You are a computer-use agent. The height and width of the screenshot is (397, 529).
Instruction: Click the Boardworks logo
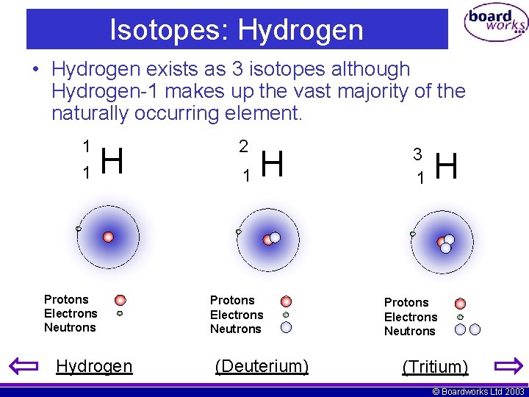pos(496,24)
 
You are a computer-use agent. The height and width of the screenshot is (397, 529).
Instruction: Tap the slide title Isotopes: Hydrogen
pos(237,30)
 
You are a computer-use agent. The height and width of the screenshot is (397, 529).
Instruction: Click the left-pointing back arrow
pos(22,365)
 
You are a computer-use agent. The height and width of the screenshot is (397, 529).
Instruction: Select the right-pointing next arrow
pos(508,365)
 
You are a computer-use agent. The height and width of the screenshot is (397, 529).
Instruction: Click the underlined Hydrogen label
pos(94,366)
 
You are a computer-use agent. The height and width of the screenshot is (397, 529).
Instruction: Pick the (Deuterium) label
pos(262,366)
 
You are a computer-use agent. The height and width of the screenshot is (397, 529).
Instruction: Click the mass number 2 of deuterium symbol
pos(243,146)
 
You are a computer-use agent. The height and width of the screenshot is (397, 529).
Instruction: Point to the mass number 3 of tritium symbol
pos(417,154)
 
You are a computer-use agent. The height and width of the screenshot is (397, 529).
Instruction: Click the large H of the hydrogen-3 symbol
pos(447,166)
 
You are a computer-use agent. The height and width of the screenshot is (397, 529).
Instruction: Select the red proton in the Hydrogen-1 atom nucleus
pos(108,237)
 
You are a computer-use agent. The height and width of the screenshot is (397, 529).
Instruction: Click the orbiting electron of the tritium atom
pos(412,234)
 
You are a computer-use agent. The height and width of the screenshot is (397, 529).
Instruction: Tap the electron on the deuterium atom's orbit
pos(238,232)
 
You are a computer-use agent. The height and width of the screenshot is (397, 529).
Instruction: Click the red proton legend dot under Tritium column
pos(460,303)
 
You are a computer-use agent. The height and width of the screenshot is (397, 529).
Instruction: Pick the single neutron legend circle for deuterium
pos(286,328)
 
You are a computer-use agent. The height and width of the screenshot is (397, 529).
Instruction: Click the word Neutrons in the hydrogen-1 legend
pos(70,328)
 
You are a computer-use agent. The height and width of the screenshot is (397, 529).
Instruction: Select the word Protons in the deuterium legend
pos(232,300)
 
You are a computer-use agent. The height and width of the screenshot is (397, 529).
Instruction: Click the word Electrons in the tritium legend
pos(411,317)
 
